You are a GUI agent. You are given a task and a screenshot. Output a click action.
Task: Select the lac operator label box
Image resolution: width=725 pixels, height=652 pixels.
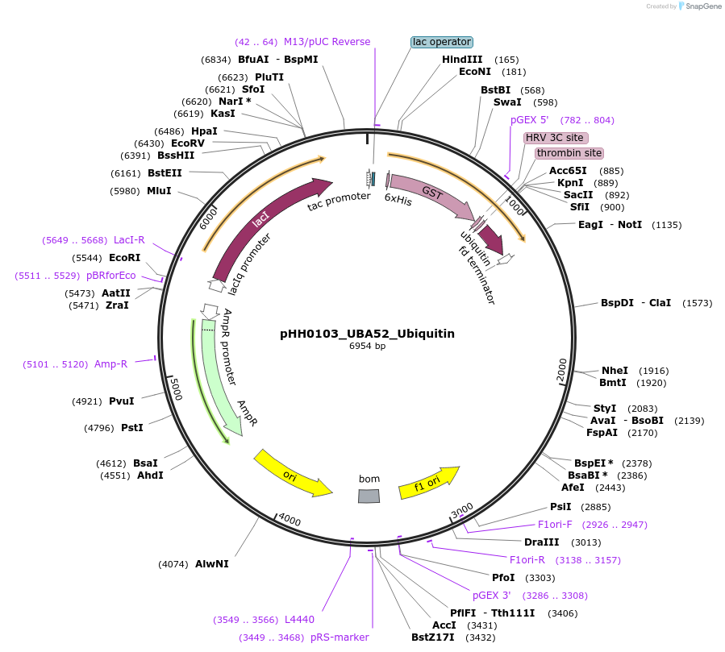(441, 42)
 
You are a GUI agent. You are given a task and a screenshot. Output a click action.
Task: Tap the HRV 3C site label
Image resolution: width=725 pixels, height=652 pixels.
(555, 138)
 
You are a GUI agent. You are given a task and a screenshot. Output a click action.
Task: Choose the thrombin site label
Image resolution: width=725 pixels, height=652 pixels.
(569, 153)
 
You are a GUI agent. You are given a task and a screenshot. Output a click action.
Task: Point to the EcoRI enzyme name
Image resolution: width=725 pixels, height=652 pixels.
(124, 258)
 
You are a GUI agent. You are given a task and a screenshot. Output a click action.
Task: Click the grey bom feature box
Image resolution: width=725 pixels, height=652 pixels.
(369, 495)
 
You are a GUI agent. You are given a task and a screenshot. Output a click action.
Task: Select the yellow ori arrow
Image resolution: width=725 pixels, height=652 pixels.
(292, 474)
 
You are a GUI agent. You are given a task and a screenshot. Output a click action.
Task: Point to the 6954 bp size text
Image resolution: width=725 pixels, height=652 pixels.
(367, 347)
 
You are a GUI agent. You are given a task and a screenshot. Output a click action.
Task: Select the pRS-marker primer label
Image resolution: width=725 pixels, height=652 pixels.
(340, 637)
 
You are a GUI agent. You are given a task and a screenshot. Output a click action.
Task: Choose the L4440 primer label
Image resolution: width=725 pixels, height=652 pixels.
(299, 620)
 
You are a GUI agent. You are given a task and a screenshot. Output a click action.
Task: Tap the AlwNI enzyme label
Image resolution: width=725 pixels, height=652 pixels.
(211, 564)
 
